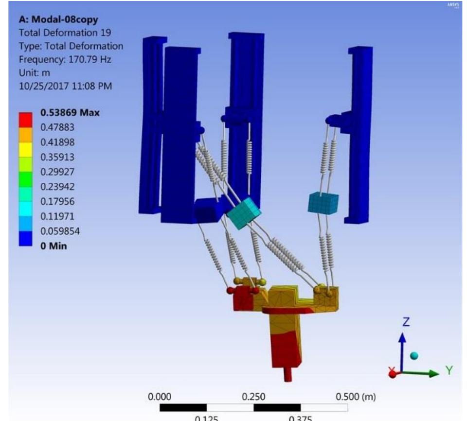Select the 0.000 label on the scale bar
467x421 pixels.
[x=160, y=397]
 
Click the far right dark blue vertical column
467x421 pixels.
[x=360, y=131]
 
